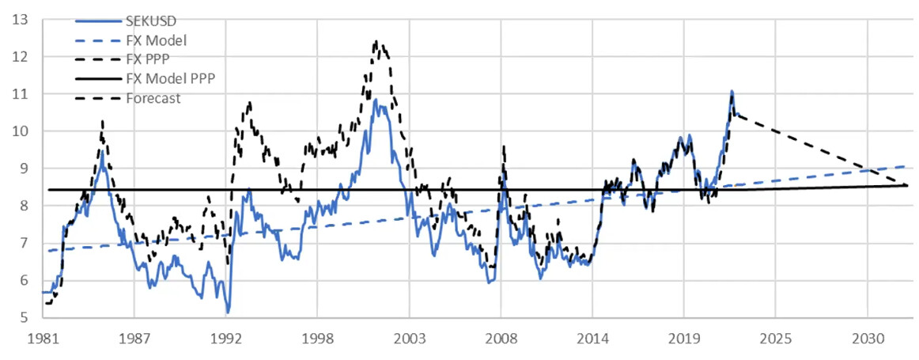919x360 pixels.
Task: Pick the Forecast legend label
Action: tap(152, 98)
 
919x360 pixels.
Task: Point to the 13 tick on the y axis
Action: tap(21, 19)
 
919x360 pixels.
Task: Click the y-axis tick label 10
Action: tap(21, 131)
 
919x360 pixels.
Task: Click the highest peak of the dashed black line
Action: tap(376, 41)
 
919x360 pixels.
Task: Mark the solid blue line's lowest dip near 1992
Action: tap(228, 313)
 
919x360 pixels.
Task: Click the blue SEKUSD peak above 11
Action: tap(732, 92)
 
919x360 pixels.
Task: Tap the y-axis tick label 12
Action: tap(21, 56)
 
